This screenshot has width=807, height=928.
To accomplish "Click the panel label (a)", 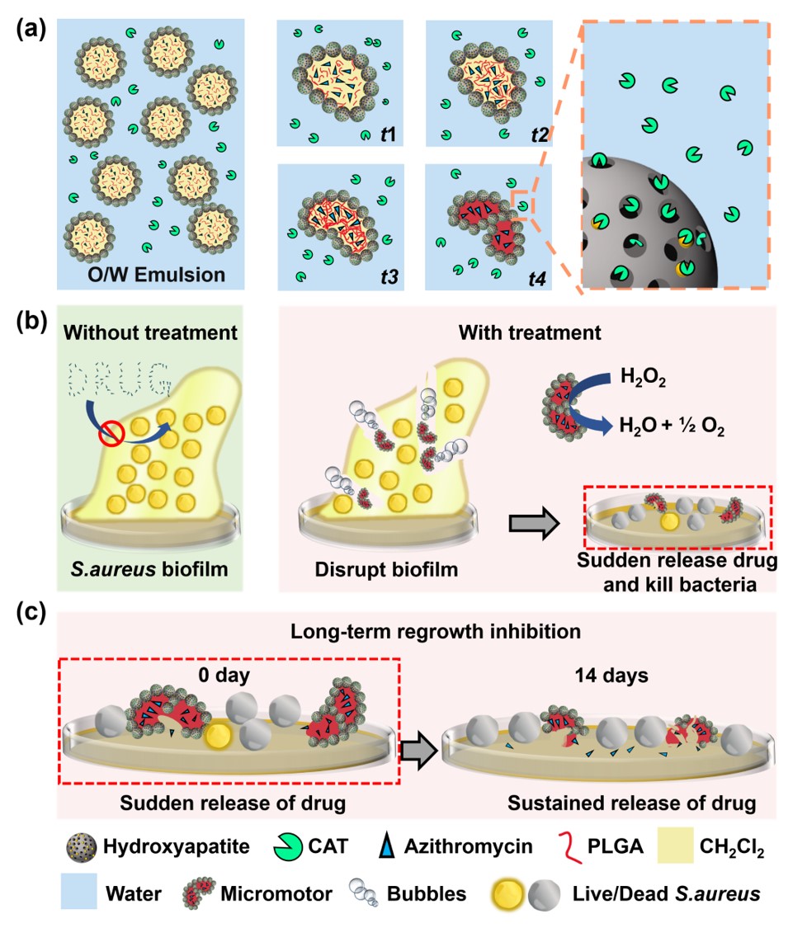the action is [x=31, y=28].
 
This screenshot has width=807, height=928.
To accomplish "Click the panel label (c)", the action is [x=31, y=612].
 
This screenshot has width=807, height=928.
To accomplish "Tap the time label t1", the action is [x=388, y=134].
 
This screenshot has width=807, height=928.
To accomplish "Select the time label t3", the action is [x=389, y=277].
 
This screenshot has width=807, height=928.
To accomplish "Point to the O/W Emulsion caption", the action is [x=156, y=275].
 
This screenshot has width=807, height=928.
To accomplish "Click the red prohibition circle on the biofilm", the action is [x=112, y=434].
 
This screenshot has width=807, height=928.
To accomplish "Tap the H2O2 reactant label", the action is [x=643, y=376].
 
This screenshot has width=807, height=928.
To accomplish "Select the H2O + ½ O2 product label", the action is [x=672, y=426].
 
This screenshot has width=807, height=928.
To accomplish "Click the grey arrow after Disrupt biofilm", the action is [x=534, y=523].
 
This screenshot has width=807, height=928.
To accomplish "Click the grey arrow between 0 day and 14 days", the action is [x=420, y=751].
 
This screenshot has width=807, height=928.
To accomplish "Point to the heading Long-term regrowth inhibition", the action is [x=435, y=632].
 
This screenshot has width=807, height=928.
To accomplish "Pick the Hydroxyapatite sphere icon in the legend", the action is [x=81, y=847].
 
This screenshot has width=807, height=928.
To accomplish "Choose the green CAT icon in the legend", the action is [x=288, y=847].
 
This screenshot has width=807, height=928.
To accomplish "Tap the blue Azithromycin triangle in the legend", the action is [x=387, y=847].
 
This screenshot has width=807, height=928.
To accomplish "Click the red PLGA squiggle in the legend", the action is [x=571, y=847].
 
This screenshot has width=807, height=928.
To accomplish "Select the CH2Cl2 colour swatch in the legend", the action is [x=675, y=846].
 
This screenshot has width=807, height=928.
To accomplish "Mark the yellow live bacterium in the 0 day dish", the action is [x=218, y=736].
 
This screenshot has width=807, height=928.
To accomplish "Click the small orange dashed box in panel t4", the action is [x=522, y=205].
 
